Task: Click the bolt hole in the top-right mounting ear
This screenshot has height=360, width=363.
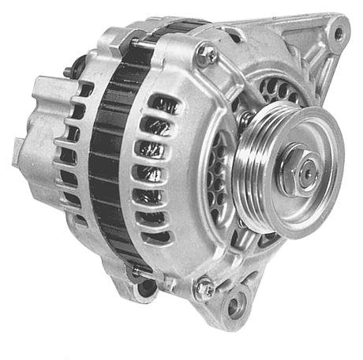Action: click(339, 33)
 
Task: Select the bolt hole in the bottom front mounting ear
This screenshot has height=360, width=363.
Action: click(234, 305)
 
